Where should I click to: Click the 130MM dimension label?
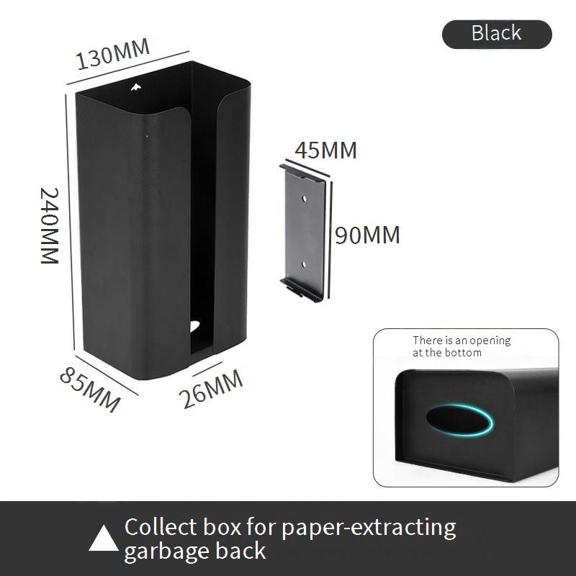coord(113,54)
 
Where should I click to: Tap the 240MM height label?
coord(49,225)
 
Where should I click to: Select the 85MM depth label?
coord(90,389)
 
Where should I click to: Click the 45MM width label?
coord(325,150)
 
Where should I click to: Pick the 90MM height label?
coord(367,235)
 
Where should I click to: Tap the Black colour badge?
coord(497,33)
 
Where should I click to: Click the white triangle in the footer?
coord(104,539)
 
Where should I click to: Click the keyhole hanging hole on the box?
coord(135,89)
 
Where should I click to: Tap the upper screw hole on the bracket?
coord(305,196)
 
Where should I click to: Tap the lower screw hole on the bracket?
coord(304,264)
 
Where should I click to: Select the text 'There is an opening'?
coord(462,341)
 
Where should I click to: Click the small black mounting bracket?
coord(305,231)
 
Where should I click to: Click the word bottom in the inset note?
coord(466,353)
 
